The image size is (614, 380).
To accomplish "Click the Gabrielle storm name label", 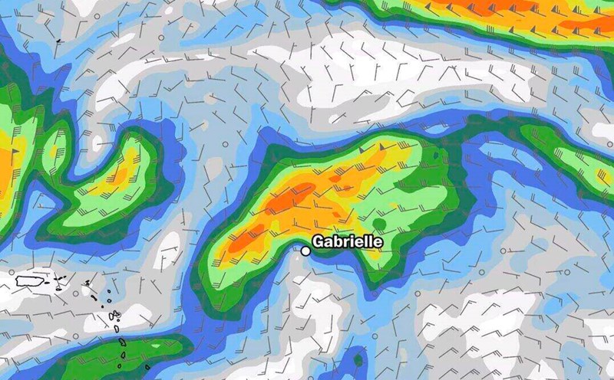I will [348, 242].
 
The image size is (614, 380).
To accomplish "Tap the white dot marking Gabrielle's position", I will [306, 250].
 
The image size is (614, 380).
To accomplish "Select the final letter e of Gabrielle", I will [378, 242].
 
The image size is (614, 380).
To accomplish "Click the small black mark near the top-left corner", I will [58, 41].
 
